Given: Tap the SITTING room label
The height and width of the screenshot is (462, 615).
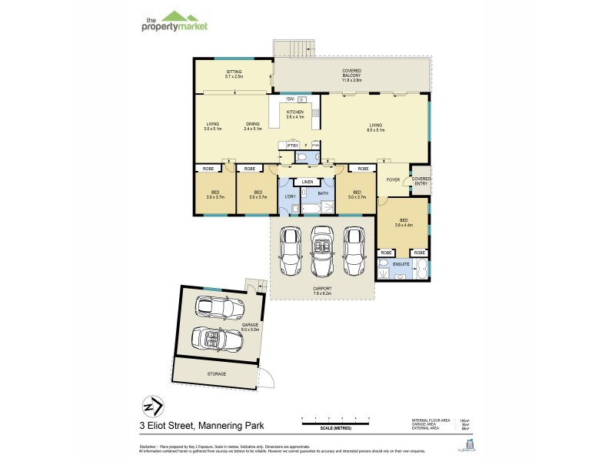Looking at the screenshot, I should (x=234, y=73).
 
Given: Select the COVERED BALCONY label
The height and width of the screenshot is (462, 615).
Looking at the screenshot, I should (x=351, y=75).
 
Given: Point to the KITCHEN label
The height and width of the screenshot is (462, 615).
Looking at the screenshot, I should (x=294, y=114).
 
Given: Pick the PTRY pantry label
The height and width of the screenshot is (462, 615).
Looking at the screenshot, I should (x=292, y=145).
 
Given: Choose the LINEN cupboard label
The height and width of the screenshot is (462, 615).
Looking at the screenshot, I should (x=307, y=182).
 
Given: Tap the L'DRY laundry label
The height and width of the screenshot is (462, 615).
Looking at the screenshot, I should (x=290, y=195).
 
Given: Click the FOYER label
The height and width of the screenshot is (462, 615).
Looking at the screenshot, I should (x=392, y=182).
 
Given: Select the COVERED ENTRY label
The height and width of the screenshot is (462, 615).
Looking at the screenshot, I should (x=421, y=180).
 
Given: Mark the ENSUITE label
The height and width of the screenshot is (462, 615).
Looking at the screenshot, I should (x=401, y=264).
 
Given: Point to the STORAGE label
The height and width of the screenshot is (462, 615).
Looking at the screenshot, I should (x=217, y=373).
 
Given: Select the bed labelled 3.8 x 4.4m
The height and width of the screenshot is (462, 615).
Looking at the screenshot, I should (x=404, y=223).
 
